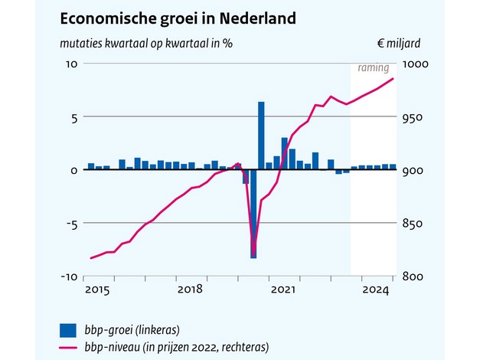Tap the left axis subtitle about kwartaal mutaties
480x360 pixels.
click(146, 43)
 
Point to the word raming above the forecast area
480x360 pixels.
click(374, 68)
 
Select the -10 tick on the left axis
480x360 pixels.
click(68, 277)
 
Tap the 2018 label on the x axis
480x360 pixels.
click(189, 290)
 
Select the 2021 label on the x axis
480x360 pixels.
click(282, 290)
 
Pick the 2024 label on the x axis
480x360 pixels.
click(376, 290)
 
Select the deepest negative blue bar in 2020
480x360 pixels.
click(253, 214)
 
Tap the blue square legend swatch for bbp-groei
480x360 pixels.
click(69, 330)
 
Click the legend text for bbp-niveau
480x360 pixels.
click(177, 347)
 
